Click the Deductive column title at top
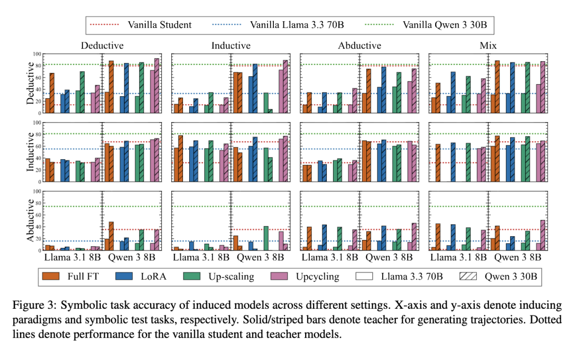point(102,45)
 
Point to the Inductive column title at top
point(231,45)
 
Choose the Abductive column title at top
point(360,45)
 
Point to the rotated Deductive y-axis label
point(31,83)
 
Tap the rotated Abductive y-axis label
point(31,220)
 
